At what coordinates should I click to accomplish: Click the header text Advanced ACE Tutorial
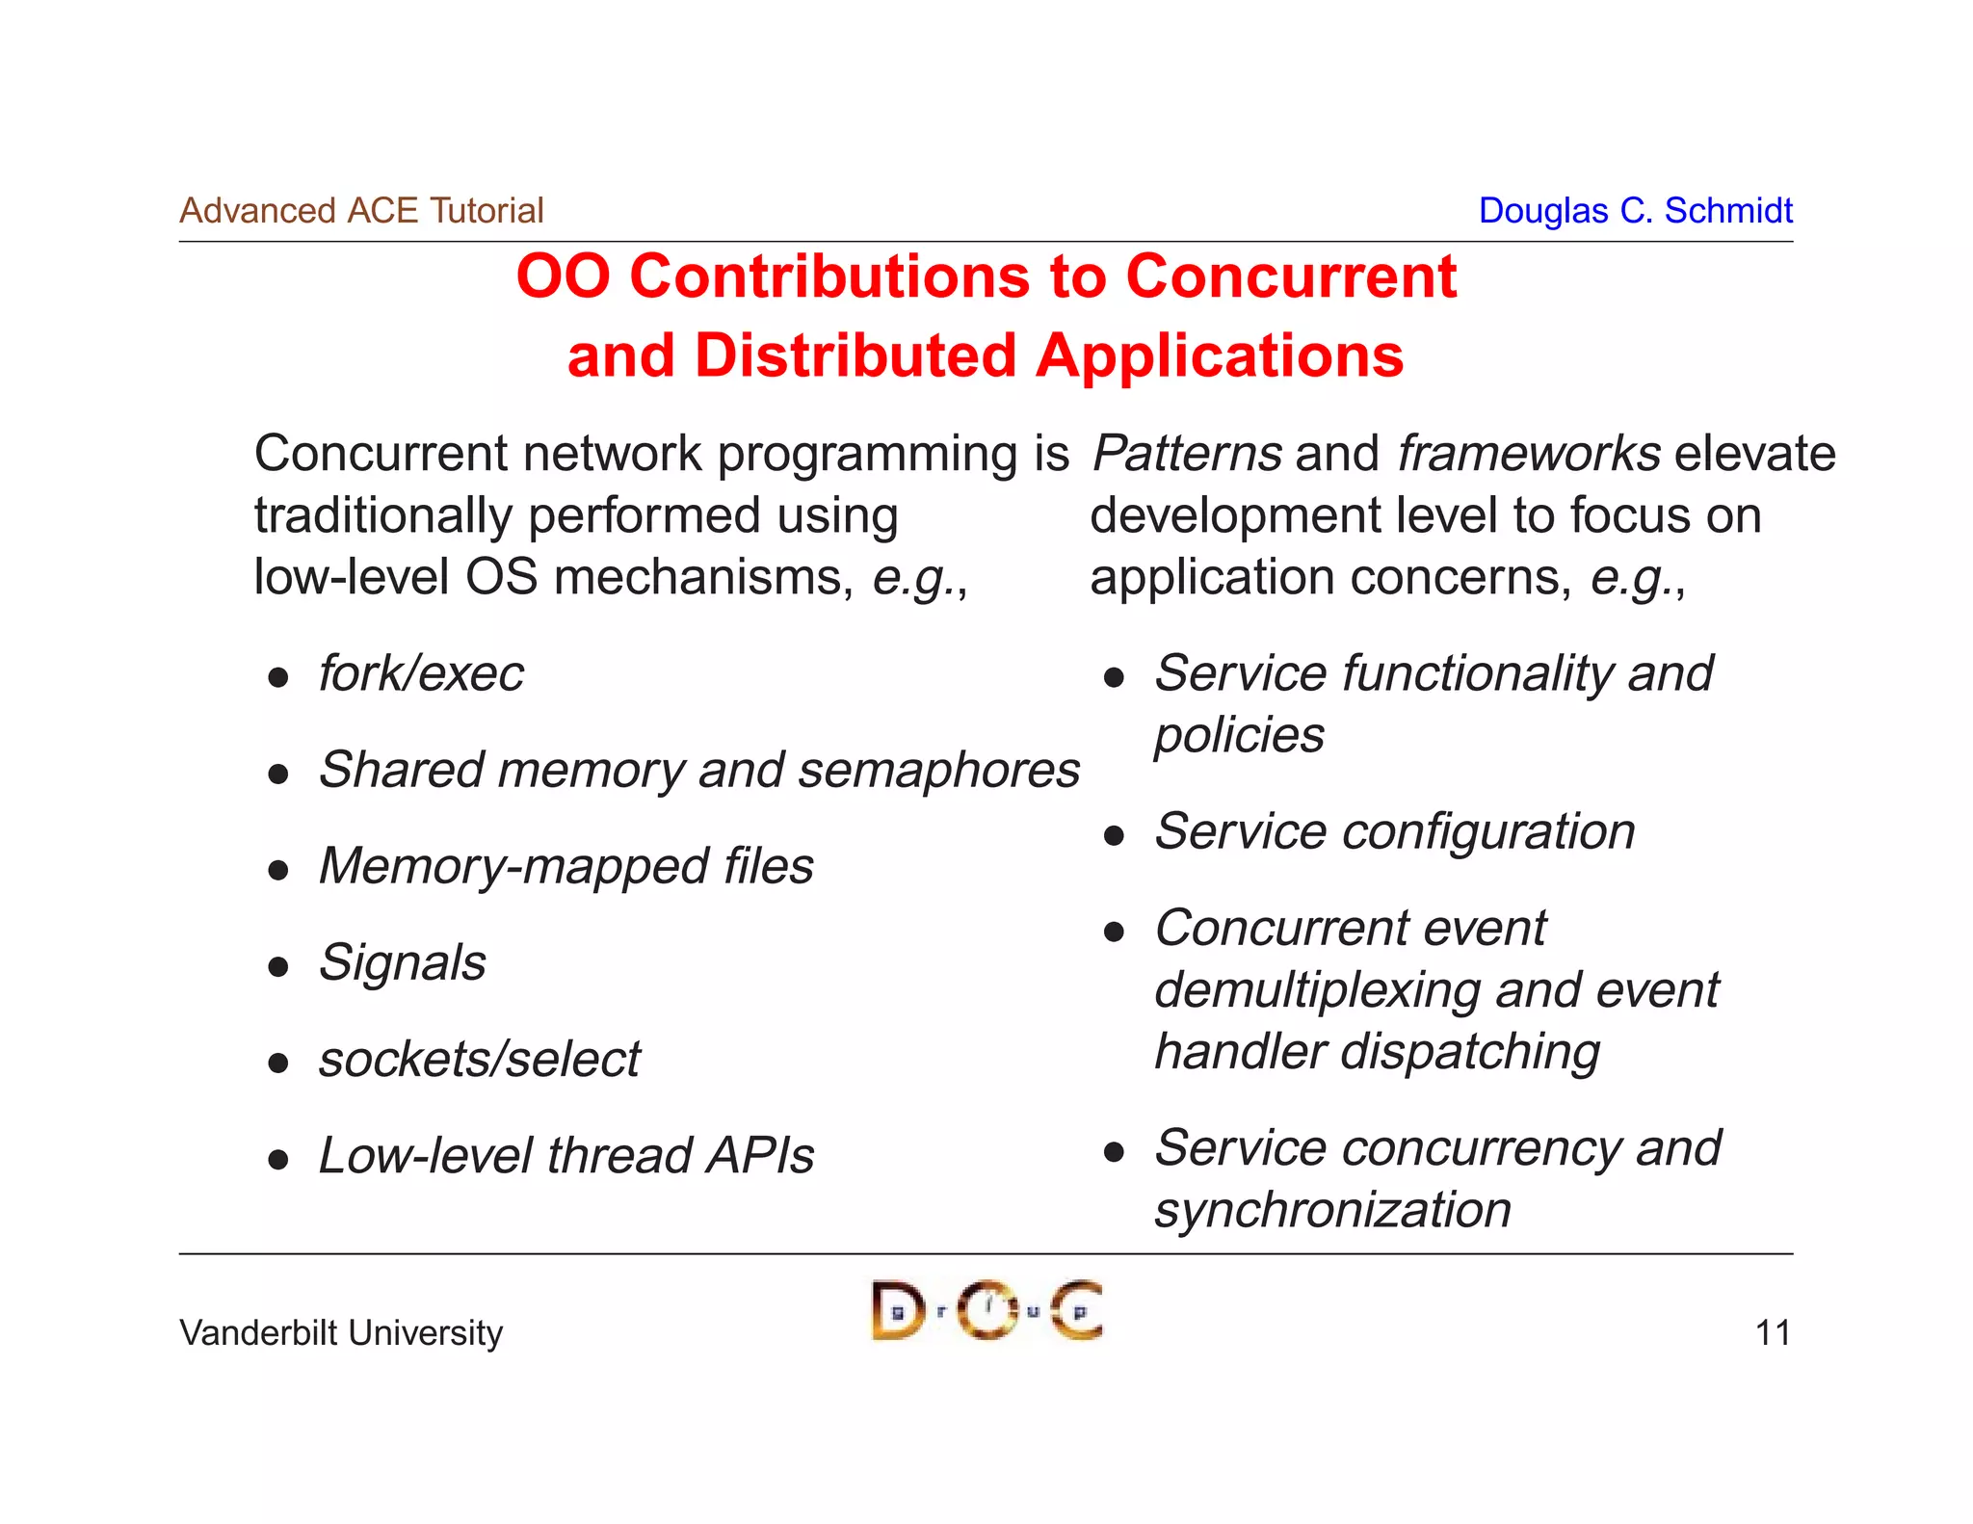[361, 210]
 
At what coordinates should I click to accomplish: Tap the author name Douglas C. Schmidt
[1635, 210]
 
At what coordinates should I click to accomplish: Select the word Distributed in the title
[855, 355]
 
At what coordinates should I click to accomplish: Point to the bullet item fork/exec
[421, 672]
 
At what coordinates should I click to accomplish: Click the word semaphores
[938, 770]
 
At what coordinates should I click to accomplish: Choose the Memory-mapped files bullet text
[566, 865]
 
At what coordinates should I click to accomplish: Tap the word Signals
[403, 961]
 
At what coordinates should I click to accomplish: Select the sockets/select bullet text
[479, 1059]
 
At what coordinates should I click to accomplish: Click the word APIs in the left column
[760, 1155]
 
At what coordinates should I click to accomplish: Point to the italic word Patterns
[1187, 453]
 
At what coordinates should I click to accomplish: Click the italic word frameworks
[1529, 453]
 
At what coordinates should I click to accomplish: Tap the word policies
[1239, 735]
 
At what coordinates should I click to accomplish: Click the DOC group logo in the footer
[986, 1310]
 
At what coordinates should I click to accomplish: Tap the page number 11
[1772, 1332]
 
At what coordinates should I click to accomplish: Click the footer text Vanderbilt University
[341, 1332]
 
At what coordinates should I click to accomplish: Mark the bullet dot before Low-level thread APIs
[278, 1159]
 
